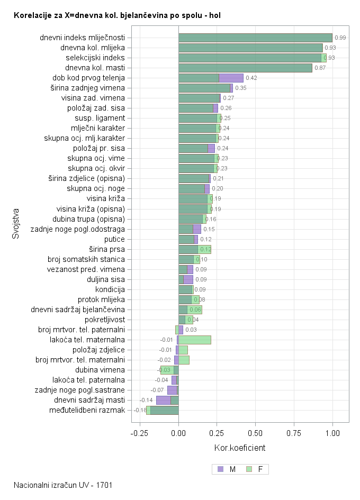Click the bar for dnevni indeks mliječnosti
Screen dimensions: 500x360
(x=255, y=38)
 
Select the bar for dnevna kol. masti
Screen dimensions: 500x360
(x=245, y=68)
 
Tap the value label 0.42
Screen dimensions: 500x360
(x=251, y=78)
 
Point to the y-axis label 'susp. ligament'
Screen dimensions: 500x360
(x=100, y=118)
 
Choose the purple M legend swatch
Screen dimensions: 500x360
(x=220, y=469)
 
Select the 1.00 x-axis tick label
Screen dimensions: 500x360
(x=332, y=433)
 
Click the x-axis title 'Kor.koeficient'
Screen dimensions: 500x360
(x=240, y=448)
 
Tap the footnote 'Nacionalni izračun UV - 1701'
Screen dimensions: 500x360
(x=63, y=485)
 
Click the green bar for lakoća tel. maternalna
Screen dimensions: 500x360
(x=195, y=340)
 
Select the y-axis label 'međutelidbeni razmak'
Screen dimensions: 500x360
(x=87, y=410)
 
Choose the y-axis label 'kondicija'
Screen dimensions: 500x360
(x=110, y=289)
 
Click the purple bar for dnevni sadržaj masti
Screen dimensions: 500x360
(x=163, y=400)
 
